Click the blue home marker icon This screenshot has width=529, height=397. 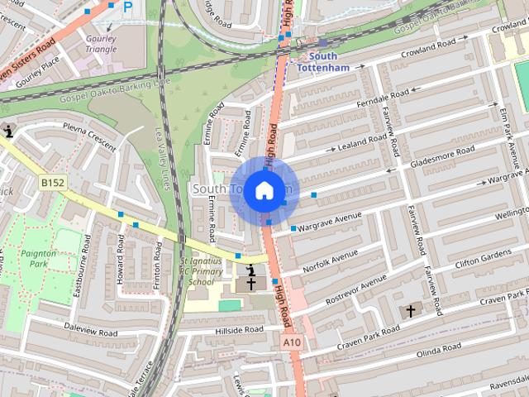pos(264,190)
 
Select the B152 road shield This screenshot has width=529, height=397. pos(52,182)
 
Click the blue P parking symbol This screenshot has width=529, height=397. pos(127,7)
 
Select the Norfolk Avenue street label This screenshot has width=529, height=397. pos(331,261)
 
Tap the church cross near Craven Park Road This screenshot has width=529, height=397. pos(411,311)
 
